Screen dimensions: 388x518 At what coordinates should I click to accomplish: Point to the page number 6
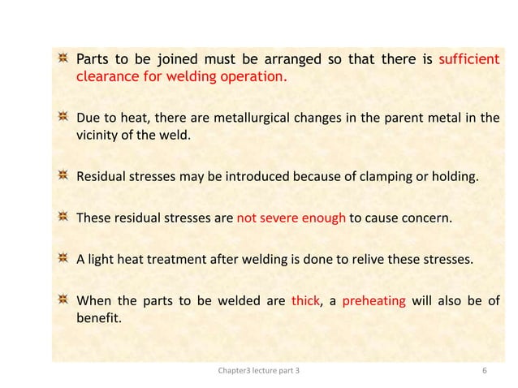click(x=485, y=371)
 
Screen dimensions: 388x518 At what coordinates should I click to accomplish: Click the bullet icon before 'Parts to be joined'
click(x=62, y=59)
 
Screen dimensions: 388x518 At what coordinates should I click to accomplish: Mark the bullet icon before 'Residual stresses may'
click(x=62, y=172)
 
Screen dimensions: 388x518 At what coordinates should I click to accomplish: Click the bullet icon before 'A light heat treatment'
click(x=62, y=261)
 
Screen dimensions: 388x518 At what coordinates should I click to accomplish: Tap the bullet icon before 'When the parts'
click(x=62, y=300)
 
